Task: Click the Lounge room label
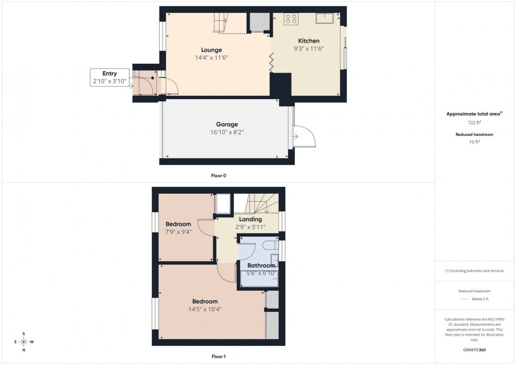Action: click(x=212, y=50)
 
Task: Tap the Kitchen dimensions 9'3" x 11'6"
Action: click(x=309, y=48)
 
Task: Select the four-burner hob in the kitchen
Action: click(x=291, y=19)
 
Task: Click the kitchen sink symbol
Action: click(x=324, y=19)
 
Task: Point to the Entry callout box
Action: click(x=110, y=77)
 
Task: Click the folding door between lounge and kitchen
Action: click(x=272, y=62)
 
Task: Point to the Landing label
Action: click(x=250, y=220)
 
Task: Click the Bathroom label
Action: click(x=262, y=265)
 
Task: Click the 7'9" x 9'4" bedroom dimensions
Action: click(x=178, y=232)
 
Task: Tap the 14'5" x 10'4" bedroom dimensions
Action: click(x=205, y=309)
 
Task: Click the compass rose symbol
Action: click(x=24, y=341)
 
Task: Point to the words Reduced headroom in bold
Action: click(x=474, y=135)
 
